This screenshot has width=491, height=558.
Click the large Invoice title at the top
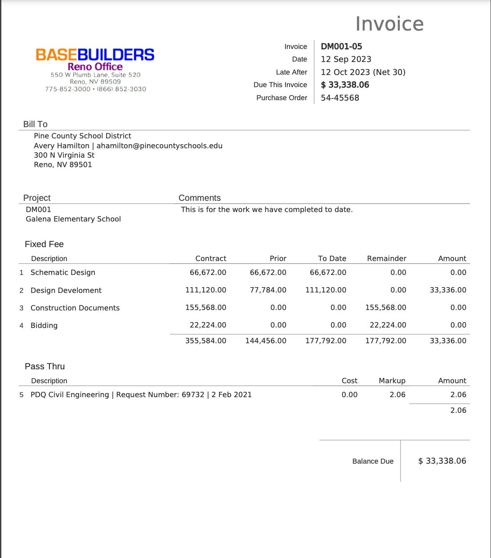point(389,24)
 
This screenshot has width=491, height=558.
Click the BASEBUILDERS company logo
point(95,55)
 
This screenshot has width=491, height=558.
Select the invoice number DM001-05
point(341,46)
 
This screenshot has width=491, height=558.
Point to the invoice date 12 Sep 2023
point(346,59)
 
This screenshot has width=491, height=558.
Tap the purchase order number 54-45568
point(340,98)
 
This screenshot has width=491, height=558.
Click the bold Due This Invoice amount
point(345,85)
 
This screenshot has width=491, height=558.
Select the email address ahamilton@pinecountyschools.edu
point(160,146)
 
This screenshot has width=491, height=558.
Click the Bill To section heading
point(35,124)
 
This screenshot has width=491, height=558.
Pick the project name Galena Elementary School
point(73,219)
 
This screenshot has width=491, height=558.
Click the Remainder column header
point(387,258)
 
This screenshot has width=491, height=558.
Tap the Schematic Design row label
point(63,272)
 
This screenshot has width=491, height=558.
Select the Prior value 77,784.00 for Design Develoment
point(268,290)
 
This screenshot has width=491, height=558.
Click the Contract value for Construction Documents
point(206,308)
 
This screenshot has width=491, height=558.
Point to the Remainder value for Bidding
point(388,325)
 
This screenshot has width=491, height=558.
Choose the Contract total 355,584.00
point(206,341)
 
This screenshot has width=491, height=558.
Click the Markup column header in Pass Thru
point(392,381)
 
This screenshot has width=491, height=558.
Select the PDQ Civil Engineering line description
point(141,394)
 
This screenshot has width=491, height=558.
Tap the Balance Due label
point(373,461)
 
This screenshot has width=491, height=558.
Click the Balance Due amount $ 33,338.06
point(442,461)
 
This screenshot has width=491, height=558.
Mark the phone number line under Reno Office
point(95,89)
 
